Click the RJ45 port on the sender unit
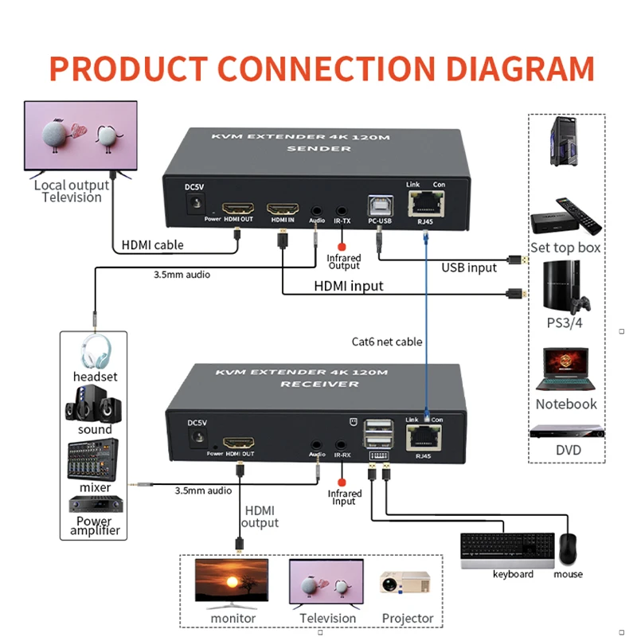tap(428, 202)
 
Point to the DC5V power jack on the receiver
tap(195, 438)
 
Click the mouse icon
tap(568, 549)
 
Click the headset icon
tap(95, 351)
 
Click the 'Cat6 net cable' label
tap(387, 342)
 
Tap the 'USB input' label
tap(469, 268)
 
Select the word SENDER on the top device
tap(318, 149)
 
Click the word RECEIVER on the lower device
tap(318, 384)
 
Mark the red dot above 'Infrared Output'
tap(343, 246)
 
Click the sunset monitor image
tap(232, 584)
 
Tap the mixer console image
tap(93, 459)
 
